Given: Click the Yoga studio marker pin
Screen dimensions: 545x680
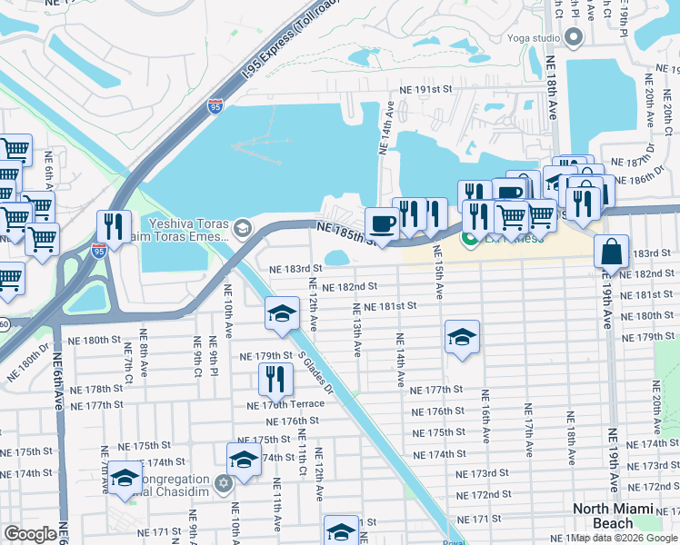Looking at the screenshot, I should (574, 38).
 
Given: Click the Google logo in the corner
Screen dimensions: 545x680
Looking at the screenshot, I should (30, 534).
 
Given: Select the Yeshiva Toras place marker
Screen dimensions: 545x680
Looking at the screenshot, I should (242, 227).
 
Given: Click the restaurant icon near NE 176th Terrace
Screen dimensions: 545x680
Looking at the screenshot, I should (275, 379).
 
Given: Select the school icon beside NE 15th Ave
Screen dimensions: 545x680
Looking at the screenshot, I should (462, 338).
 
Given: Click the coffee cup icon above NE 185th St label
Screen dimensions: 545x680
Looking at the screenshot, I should (382, 223).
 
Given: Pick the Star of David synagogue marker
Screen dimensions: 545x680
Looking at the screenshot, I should (225, 481).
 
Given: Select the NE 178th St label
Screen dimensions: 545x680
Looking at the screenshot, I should (100, 389).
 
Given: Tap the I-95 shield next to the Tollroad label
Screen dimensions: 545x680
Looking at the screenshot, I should (215, 107).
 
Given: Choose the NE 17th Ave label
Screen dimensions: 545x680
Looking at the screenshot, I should (527, 436).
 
